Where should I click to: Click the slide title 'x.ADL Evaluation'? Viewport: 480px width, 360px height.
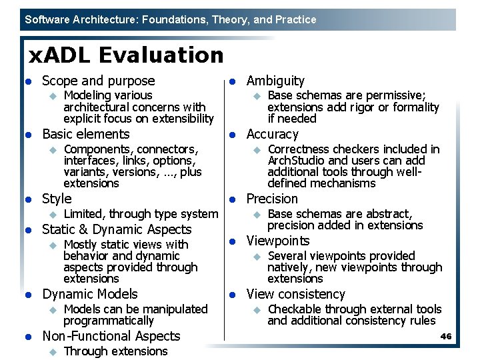pyautogui.click(x=125, y=55)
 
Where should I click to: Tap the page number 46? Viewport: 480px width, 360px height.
pyautogui.click(x=446, y=337)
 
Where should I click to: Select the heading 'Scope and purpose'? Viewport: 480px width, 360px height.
pyautogui.click(x=98, y=81)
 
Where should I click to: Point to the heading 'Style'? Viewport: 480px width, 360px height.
pyautogui.click(x=57, y=199)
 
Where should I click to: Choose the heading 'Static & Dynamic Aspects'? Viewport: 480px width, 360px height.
pyautogui.click(x=117, y=229)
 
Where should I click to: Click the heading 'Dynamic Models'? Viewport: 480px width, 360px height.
pyautogui.click(x=90, y=294)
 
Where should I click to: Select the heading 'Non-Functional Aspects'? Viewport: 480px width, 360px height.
pyautogui.click(x=111, y=336)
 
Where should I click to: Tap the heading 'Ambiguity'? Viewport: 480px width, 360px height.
pyautogui.click(x=275, y=81)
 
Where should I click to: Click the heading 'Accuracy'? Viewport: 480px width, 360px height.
pyautogui.click(x=272, y=134)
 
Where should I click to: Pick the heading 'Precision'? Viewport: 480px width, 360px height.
pyautogui.click(x=272, y=199)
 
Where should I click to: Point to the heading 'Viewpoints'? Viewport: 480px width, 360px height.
pyautogui.click(x=278, y=241)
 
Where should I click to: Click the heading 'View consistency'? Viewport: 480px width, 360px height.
pyautogui.click(x=295, y=294)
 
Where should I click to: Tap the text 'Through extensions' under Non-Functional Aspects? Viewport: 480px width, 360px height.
pyautogui.click(x=115, y=351)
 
